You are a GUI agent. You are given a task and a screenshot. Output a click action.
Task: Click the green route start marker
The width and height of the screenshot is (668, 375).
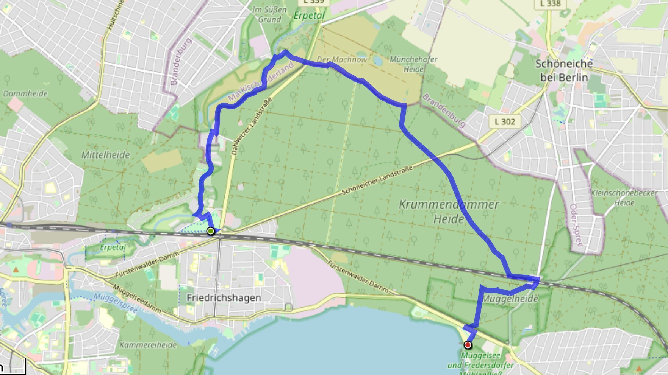click(211, 231)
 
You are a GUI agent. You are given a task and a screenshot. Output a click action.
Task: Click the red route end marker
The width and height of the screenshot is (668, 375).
click(468, 345)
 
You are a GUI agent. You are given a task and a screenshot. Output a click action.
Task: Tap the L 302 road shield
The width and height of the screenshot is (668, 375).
click(505, 121)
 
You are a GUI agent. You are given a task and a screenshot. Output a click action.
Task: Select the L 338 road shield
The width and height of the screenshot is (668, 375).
click(550, 4)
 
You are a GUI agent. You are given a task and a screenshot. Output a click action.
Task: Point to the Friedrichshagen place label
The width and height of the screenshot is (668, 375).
click(224, 298)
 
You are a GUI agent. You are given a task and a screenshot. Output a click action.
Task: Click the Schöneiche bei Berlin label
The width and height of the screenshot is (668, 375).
click(564, 70)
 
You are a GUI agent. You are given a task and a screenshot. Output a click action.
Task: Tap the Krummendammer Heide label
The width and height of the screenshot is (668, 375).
click(449, 212)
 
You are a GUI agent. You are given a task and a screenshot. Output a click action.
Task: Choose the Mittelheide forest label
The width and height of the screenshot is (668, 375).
click(105, 155)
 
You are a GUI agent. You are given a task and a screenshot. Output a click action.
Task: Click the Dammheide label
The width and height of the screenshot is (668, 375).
click(25, 93)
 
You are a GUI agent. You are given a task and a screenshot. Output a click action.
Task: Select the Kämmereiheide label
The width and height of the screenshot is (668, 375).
click(148, 345)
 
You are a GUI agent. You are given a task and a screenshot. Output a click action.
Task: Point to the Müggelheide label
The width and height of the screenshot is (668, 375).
click(510, 299)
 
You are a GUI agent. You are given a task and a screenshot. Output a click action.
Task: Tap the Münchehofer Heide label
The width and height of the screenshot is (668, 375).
click(413, 64)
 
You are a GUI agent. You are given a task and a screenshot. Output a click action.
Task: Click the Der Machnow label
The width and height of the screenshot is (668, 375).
click(342, 59)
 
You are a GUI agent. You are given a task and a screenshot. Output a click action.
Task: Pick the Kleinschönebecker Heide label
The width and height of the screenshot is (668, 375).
click(624, 198)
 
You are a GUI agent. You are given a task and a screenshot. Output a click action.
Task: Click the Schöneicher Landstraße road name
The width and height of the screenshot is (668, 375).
click(377, 180)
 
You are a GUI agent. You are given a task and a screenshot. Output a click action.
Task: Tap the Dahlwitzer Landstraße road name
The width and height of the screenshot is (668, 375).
click(251, 126)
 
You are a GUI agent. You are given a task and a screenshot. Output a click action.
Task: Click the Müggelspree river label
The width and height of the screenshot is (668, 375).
click(115, 302)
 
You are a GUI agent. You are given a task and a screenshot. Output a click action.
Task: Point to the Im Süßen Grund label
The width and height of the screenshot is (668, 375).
click(269, 14)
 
